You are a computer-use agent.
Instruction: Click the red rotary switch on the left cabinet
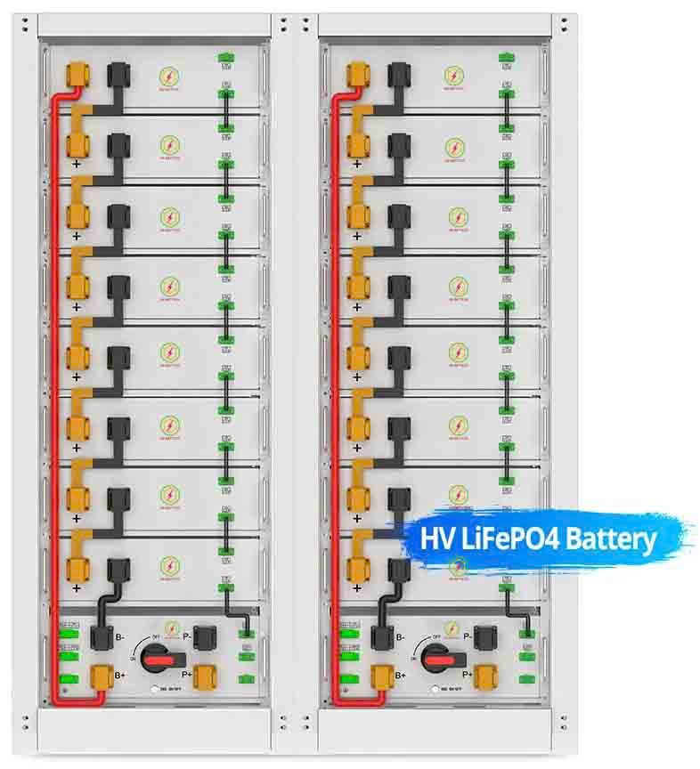161,657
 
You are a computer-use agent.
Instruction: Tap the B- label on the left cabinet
120,637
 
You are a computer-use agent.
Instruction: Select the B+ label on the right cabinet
400,676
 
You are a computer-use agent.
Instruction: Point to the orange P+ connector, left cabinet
205,677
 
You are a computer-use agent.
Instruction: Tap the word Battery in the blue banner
611,538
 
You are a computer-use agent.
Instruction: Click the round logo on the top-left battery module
167,77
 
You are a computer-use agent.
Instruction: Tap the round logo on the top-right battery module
454,77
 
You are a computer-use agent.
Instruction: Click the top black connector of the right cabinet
397,75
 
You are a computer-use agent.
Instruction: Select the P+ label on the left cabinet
188,676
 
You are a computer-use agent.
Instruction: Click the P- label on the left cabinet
188,637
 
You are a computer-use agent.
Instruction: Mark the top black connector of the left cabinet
116,75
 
